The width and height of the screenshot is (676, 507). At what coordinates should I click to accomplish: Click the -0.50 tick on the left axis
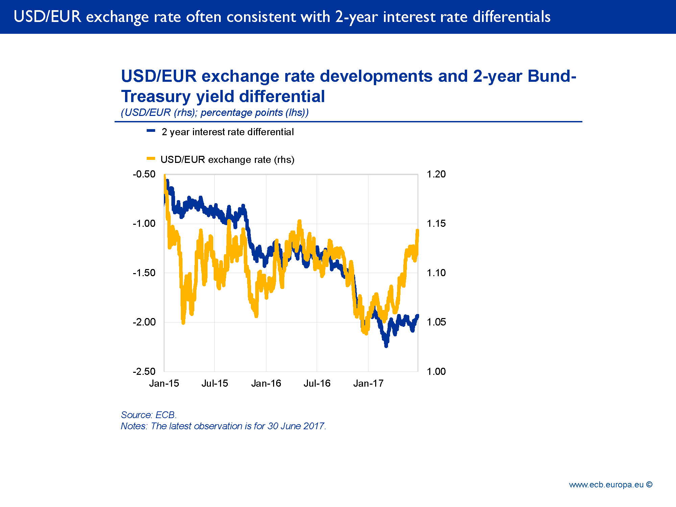(144, 174)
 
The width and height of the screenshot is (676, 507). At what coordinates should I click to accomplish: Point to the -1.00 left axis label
(144, 223)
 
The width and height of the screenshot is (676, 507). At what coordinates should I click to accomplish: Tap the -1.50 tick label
(144, 273)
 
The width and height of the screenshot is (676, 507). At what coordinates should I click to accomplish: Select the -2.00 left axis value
(144, 322)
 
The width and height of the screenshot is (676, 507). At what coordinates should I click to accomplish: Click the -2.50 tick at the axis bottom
(144, 371)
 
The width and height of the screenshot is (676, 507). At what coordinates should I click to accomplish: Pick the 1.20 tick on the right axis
(436, 174)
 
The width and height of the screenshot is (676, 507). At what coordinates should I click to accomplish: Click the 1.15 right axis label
(436, 223)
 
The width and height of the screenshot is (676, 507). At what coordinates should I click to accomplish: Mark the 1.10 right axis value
(436, 273)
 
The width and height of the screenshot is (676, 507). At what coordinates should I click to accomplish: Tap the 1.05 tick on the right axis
(436, 322)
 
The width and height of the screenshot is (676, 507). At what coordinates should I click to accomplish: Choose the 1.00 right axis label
(436, 371)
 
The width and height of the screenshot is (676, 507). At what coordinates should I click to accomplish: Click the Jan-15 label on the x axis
(164, 383)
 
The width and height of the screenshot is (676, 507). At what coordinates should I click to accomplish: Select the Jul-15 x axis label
(215, 383)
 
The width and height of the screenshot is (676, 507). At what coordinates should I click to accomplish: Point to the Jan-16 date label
(266, 383)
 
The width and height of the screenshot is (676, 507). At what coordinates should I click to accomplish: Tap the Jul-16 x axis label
(317, 383)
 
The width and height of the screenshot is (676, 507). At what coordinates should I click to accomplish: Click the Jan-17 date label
(368, 383)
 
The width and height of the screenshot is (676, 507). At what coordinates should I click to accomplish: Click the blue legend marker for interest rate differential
(151, 130)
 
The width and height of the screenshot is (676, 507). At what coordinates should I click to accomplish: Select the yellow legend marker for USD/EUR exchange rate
(151, 158)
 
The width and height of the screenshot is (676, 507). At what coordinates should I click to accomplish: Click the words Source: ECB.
(149, 415)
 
